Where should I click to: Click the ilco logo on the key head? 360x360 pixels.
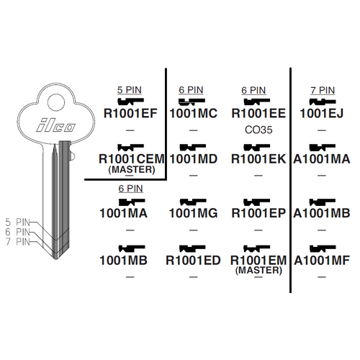tap(55, 125)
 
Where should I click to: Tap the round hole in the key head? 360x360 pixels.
tap(56, 103)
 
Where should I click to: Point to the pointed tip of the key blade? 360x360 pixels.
tap(56, 259)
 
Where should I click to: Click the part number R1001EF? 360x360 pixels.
tap(130, 114)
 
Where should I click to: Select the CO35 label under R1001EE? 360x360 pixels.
tap(258, 130)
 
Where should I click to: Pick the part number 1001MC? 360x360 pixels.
tap(194, 114)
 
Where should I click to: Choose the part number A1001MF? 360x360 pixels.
tap(322, 261)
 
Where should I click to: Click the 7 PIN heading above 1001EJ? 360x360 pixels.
tap(323, 91)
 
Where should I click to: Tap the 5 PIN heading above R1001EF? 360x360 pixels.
tap(130, 90)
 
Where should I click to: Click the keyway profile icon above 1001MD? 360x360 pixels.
tap(193, 147)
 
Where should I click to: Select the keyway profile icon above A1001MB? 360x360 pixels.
tap(323, 202)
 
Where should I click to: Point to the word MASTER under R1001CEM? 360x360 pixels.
tap(132, 170)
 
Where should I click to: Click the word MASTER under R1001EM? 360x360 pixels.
tap(258, 270)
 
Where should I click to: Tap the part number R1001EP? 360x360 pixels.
tap(258, 213)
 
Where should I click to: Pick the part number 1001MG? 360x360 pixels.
tap(194, 213)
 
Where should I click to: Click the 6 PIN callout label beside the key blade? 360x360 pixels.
tap(18, 232)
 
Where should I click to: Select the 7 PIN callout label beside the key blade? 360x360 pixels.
tap(18, 241)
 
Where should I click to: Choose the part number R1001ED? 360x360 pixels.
tap(193, 261)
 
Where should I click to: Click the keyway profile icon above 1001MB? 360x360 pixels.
tap(132, 248)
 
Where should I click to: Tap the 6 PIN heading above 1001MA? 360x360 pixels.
tap(130, 189)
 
